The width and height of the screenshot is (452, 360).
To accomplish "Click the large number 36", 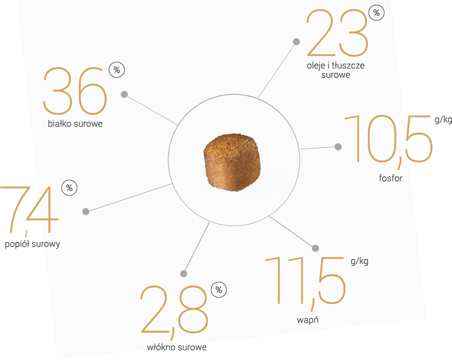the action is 75,91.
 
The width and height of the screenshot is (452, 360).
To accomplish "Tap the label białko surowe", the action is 75,124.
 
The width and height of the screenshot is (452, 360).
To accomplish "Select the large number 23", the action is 337,32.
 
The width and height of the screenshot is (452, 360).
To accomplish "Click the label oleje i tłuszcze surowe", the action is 336,70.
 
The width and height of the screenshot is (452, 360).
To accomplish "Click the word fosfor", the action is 391,178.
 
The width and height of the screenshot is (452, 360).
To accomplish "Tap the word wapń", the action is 308,320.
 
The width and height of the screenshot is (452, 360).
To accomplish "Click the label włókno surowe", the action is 177,347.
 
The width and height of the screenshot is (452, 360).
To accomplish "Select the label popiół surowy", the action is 32,244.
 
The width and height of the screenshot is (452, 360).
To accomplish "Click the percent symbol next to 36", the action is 117,70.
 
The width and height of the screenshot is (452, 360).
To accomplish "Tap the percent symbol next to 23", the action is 376,13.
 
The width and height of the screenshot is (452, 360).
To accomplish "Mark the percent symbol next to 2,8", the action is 219,290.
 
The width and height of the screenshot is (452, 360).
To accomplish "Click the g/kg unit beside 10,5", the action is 443,119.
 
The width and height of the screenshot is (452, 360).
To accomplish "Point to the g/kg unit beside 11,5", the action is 359,261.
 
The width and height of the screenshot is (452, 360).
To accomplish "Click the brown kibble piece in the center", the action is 232,162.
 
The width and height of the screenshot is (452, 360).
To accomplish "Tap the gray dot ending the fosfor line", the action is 338,147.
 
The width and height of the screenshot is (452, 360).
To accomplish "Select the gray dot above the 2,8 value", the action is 183,273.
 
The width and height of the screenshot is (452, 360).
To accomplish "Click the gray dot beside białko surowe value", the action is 124,94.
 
